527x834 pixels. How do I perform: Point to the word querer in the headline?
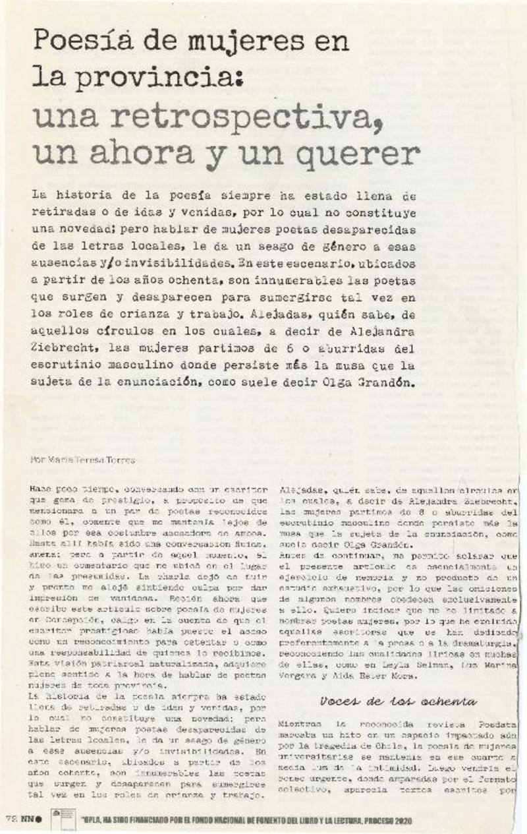point(356,154)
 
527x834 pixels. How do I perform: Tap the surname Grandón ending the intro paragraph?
point(387,382)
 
